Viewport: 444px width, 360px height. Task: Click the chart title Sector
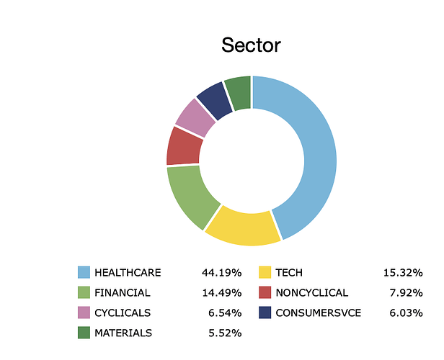pyautogui.click(x=251, y=45)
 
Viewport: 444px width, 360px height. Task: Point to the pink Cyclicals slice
pyautogui.click(x=195, y=118)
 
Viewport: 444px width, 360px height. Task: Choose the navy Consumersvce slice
pyautogui.click(x=216, y=99)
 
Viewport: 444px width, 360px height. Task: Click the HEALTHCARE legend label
pyautogui.click(x=128, y=273)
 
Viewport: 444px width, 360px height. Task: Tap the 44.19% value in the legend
pyautogui.click(x=222, y=273)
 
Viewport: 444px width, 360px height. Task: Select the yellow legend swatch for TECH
pyautogui.click(x=265, y=272)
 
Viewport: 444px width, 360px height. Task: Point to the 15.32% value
pyautogui.click(x=403, y=273)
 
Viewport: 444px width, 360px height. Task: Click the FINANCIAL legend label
pyautogui.click(x=123, y=293)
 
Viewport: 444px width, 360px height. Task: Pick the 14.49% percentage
pyautogui.click(x=222, y=293)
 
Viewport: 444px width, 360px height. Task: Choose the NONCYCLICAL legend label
pyautogui.click(x=312, y=293)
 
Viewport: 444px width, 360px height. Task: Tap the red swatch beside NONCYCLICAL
pyautogui.click(x=265, y=292)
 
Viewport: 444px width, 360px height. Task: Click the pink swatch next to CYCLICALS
pyautogui.click(x=84, y=312)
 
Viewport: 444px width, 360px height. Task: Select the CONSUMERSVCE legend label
pyautogui.click(x=319, y=312)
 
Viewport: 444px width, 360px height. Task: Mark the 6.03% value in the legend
pyautogui.click(x=406, y=312)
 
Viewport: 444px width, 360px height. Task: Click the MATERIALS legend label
pyautogui.click(x=123, y=333)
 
